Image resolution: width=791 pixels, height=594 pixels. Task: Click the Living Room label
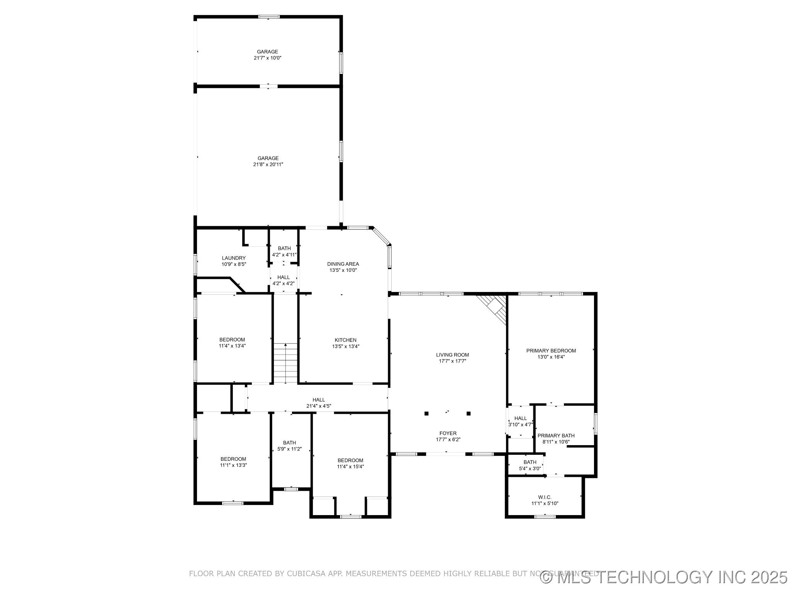(x=452, y=355)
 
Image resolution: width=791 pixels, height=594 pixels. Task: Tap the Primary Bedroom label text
(x=551, y=351)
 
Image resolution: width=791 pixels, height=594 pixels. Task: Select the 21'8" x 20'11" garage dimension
(x=268, y=164)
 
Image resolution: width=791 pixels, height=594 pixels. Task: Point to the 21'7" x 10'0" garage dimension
(x=268, y=58)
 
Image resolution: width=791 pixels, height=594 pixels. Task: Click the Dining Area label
(x=343, y=264)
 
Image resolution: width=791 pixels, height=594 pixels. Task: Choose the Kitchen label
(x=345, y=340)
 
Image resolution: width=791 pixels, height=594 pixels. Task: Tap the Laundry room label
(x=234, y=258)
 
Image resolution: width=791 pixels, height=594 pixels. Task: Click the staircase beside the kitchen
(x=285, y=363)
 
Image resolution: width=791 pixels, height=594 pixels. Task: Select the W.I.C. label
(x=545, y=497)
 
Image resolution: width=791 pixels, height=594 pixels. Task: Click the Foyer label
(x=448, y=433)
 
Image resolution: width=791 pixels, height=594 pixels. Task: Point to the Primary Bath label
(x=556, y=435)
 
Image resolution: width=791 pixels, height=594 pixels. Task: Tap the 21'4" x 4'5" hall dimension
(x=319, y=406)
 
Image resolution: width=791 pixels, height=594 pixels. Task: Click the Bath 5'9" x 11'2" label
(x=289, y=443)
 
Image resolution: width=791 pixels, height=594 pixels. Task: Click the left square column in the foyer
(x=426, y=413)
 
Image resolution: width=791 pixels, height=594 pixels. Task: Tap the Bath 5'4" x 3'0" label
(x=530, y=462)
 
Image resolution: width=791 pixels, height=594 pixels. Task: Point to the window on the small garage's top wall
(x=268, y=17)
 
